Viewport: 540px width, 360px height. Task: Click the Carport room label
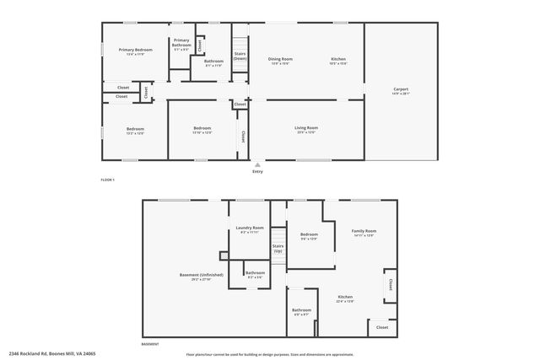click(x=401, y=89)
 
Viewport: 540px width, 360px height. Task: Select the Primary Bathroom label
click(x=181, y=41)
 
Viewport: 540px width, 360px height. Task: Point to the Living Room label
click(x=305, y=127)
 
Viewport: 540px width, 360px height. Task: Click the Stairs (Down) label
click(x=240, y=56)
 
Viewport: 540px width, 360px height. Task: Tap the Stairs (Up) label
click(x=278, y=249)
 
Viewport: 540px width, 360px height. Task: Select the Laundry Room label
click(x=250, y=228)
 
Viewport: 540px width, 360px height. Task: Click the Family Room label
click(x=364, y=230)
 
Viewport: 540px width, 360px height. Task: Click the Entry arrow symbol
click(x=257, y=165)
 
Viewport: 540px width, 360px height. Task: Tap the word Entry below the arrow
click(x=257, y=172)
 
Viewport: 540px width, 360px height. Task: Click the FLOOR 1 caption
click(x=107, y=180)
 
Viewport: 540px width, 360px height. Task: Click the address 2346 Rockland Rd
click(x=52, y=353)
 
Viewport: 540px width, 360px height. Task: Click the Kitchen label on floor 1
click(x=338, y=58)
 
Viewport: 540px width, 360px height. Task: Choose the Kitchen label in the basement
click(x=346, y=298)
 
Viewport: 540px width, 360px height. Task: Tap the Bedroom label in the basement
click(x=309, y=234)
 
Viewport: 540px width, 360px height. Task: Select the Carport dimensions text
click(x=401, y=94)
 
